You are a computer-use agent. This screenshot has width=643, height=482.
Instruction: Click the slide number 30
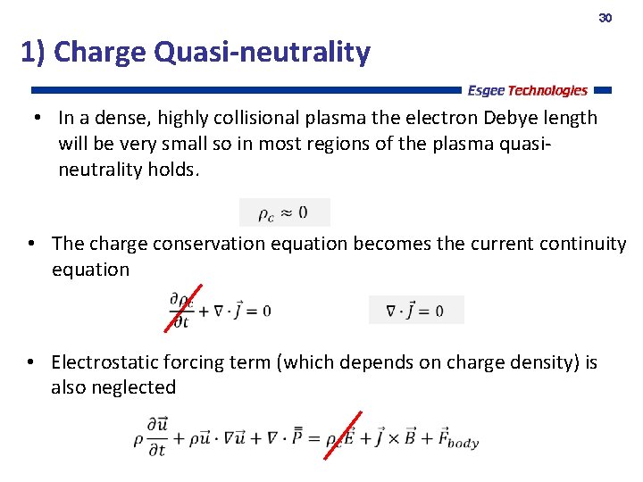coord(605,18)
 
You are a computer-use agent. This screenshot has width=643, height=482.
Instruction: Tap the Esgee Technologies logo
coord(527,90)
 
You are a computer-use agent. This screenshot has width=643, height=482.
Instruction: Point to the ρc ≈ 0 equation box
coord(284,212)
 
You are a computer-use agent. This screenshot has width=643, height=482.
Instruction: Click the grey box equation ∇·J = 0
coord(416,311)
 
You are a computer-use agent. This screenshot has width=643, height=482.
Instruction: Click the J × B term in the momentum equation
coord(399,439)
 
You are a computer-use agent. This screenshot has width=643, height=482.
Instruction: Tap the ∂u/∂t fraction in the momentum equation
coord(156,437)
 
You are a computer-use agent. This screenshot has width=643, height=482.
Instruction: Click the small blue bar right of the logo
coord(602,90)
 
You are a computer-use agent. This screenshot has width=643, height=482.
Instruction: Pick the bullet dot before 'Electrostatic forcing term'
coord(30,363)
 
